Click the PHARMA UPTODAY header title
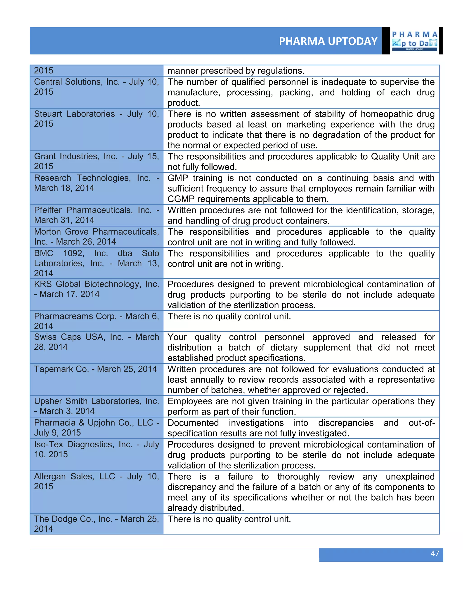[x=328, y=41]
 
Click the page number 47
[x=435, y=553]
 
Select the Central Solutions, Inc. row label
[x=96, y=87]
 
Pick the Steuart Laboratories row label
[x=96, y=119]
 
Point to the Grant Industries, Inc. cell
[x=96, y=161]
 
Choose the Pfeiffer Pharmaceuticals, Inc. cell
[x=96, y=215]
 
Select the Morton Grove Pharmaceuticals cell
[x=96, y=237]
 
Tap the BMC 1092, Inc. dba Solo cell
[x=96, y=263]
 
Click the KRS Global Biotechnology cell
[x=96, y=289]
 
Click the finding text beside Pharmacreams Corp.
[x=229, y=316]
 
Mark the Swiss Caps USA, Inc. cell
[x=96, y=342]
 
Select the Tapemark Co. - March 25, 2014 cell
[x=95, y=369]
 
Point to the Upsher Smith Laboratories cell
[x=96, y=406]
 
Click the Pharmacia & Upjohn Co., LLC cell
[x=96, y=428]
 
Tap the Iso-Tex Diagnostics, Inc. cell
[x=96, y=449]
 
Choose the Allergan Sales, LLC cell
[x=96, y=481]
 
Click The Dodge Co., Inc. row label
[x=96, y=524]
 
